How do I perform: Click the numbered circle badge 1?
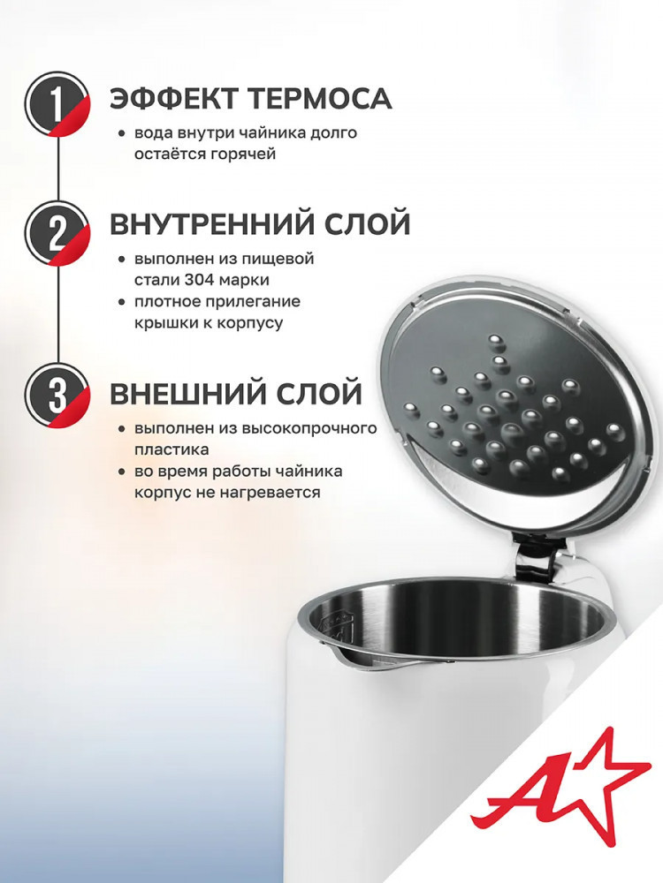57,105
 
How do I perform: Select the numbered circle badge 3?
57,395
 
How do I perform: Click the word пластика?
171,449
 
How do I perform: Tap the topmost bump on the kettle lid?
495,341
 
